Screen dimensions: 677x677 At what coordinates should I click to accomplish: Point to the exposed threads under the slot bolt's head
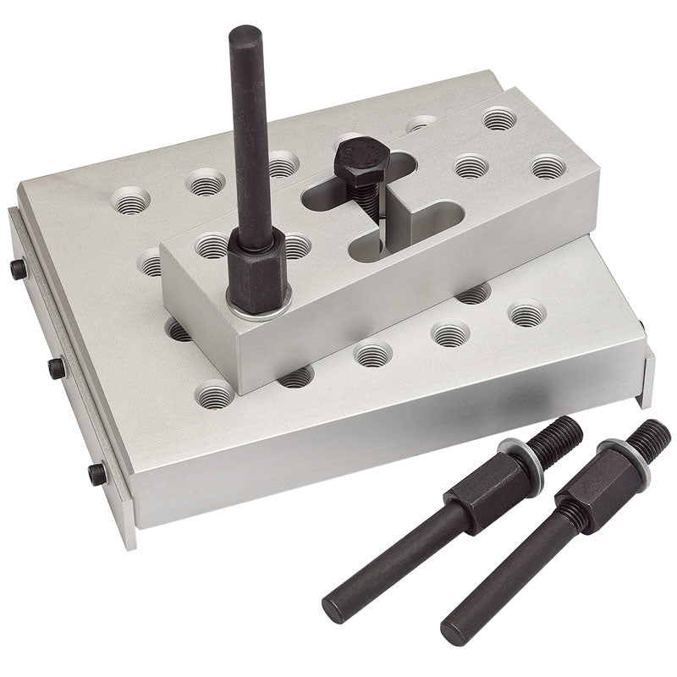pyautogui.click(x=366, y=201)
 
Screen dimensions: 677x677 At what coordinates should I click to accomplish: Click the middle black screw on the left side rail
pyautogui.click(x=57, y=367)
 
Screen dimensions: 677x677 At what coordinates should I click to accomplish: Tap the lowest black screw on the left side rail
pyautogui.click(x=98, y=473)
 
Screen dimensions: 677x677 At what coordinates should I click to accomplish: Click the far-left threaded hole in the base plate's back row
pyautogui.click(x=130, y=201)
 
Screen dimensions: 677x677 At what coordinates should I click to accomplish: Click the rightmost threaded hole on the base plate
pyautogui.click(x=526, y=315)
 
